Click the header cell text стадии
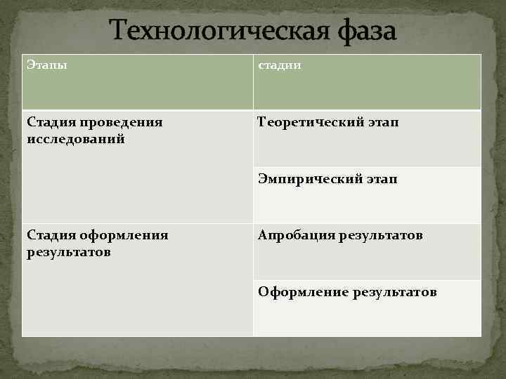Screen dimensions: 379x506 pyautogui.click(x=280, y=65)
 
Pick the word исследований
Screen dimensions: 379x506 pyautogui.click(x=76, y=139)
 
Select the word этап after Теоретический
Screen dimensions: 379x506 pyautogui.click(x=381, y=123)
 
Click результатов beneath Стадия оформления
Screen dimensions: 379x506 pyautogui.click(x=68, y=251)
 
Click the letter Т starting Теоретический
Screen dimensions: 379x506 pyautogui.click(x=262, y=123)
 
